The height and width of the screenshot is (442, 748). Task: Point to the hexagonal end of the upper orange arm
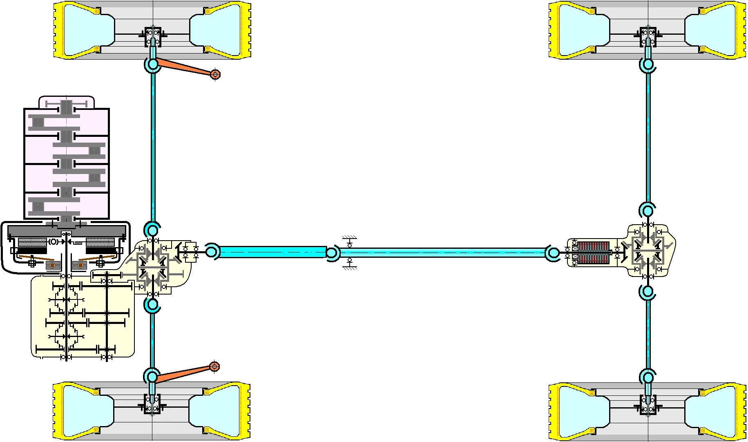tap(215, 74)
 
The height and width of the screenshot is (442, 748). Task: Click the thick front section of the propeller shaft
tap(272, 252)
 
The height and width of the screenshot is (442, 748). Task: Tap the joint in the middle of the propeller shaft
tap(332, 253)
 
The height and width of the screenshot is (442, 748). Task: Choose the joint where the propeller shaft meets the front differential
tap(212, 252)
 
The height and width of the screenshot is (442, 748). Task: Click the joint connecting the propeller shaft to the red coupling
tap(553, 253)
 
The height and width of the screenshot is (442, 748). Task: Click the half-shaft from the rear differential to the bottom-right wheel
tap(648, 335)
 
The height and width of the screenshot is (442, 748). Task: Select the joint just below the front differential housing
tap(152, 305)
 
